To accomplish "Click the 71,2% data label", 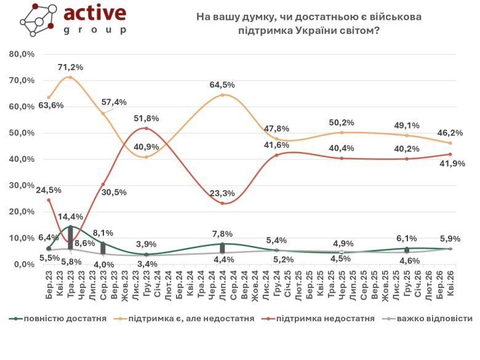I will point(71,66).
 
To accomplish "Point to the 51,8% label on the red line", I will point(146,118).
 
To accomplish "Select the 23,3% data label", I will point(222,193).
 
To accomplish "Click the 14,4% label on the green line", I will point(71,217).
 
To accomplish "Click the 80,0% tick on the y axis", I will point(22,54).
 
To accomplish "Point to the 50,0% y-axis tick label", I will point(22,133).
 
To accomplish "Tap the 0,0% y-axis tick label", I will point(23,264).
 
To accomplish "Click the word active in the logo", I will point(96,14).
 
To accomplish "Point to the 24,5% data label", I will point(48,190).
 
